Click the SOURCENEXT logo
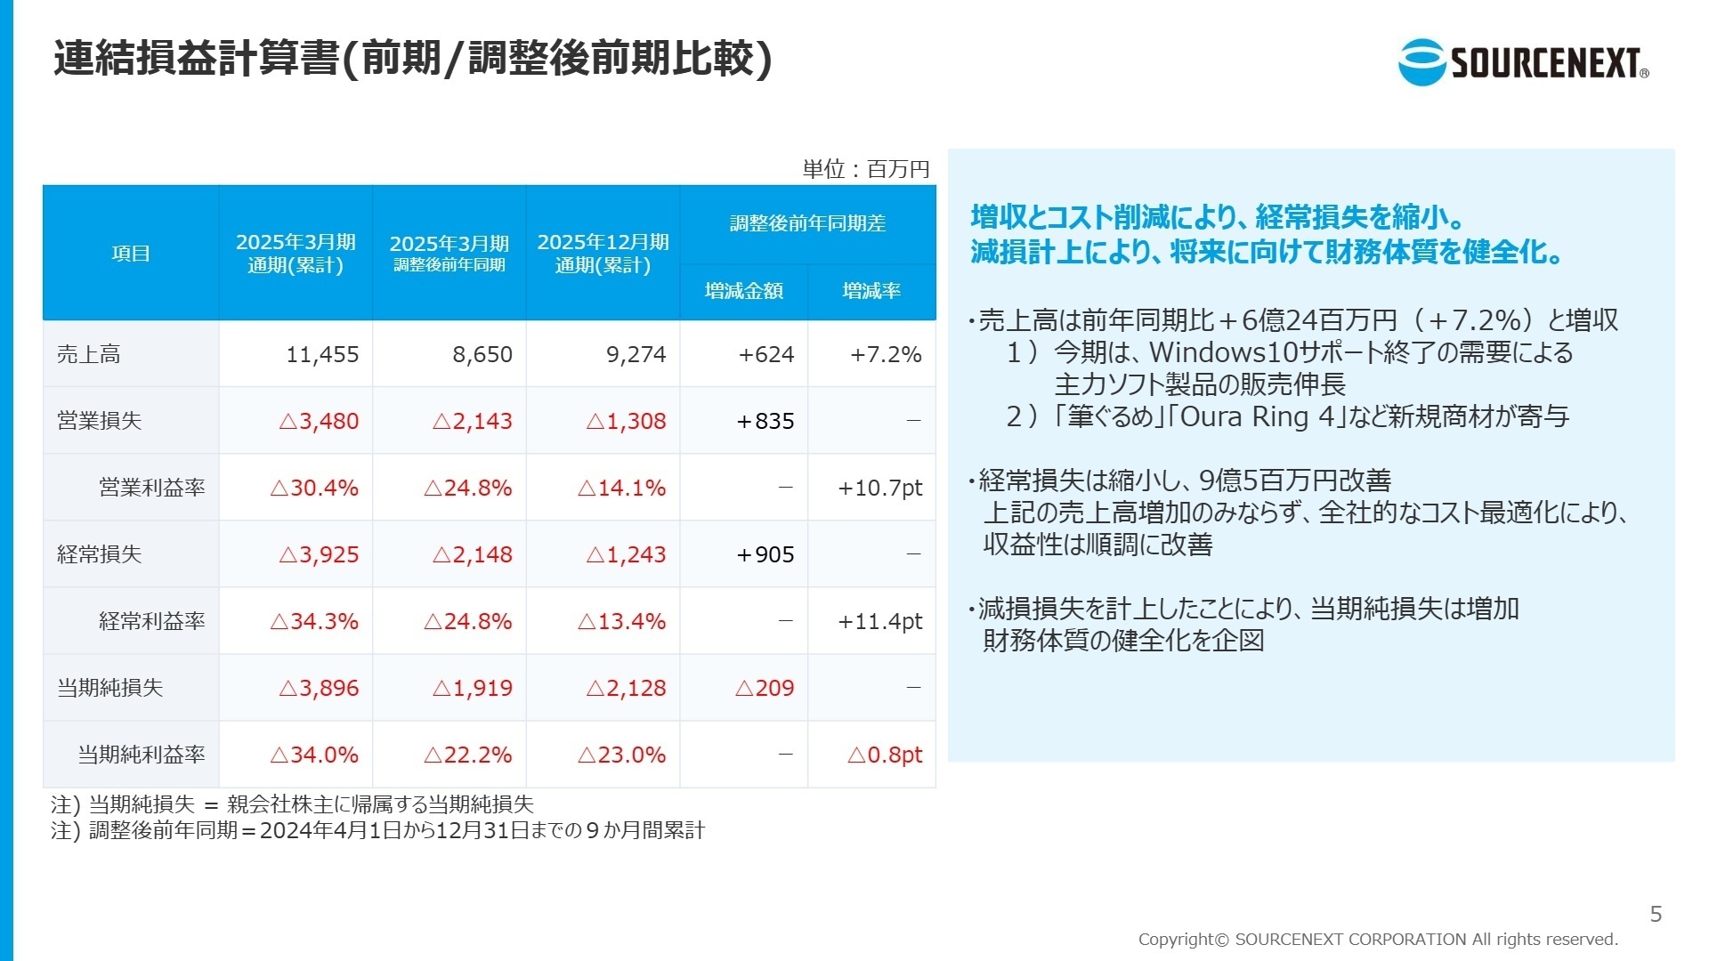(1523, 62)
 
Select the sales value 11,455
(322, 354)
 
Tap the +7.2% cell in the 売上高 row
(885, 354)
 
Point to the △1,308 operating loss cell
(626, 421)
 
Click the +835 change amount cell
(765, 421)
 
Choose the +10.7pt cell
(879, 488)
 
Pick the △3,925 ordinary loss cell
(319, 554)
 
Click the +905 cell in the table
(765, 554)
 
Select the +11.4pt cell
(879, 621)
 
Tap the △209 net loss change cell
(765, 688)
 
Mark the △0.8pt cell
(885, 755)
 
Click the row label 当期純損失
(110, 688)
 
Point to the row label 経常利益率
(152, 621)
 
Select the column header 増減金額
(743, 291)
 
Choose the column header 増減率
(871, 291)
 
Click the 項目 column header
(131, 254)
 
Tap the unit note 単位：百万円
(865, 169)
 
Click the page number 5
(1656, 914)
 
